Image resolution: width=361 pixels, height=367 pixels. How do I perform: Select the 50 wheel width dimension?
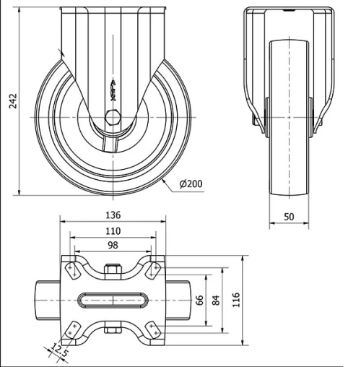(289, 217)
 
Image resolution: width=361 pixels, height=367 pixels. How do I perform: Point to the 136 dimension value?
(113, 215)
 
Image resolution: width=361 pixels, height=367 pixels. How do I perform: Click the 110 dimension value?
(113, 231)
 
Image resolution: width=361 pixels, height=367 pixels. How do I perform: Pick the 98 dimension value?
(113, 246)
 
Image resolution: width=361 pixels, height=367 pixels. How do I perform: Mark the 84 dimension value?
(216, 300)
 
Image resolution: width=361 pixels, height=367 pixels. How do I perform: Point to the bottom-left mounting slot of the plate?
(72, 329)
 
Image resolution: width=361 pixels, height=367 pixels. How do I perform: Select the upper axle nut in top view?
(113, 272)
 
